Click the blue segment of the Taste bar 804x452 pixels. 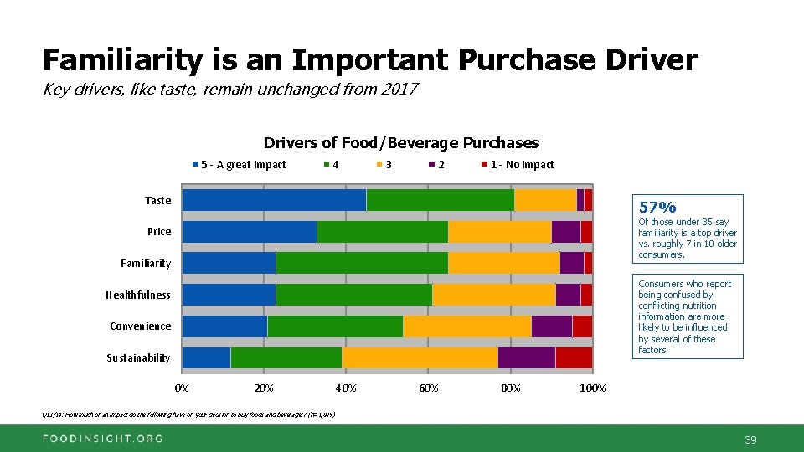coord(274,200)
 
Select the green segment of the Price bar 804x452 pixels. coord(382,232)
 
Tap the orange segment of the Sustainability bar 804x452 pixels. coord(420,357)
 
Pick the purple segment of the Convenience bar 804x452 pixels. coord(551,326)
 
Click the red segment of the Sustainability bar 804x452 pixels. coord(574,357)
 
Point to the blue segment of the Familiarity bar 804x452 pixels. coord(229,263)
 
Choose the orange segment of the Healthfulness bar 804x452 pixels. coord(493,295)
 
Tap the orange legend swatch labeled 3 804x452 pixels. coord(379,165)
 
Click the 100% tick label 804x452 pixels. coord(593,388)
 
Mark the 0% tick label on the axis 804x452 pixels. coord(182,388)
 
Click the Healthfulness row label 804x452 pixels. coord(137,295)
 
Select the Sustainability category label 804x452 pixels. coord(137,358)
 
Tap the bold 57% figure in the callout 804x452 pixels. coord(657,207)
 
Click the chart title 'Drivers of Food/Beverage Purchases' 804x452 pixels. coord(401,143)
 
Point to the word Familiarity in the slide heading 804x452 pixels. coord(122,60)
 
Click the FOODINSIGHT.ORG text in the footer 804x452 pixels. coord(104,439)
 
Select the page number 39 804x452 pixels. coord(750,439)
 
